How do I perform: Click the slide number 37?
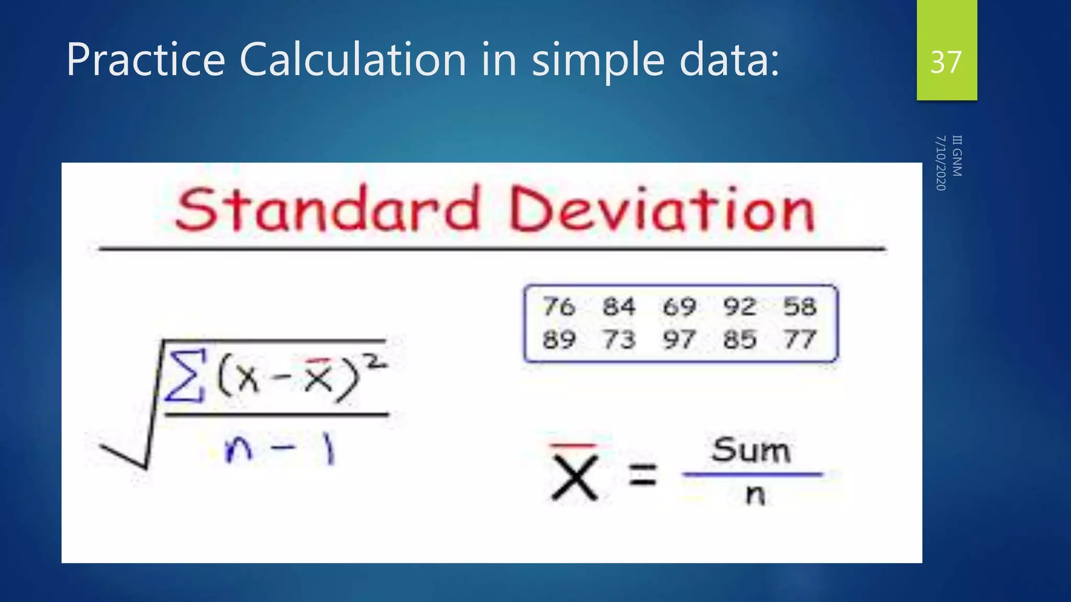click(946, 62)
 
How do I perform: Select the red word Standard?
click(328, 210)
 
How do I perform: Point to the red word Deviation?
click(662, 210)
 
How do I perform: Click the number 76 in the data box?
click(559, 306)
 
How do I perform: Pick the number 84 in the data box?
click(619, 306)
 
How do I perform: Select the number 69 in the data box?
click(679, 306)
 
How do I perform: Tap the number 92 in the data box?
click(739, 306)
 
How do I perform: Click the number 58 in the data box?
click(800, 306)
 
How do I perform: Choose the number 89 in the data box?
click(559, 340)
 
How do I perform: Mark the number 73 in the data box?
click(619, 340)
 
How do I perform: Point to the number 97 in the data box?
click(679, 340)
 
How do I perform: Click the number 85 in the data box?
click(739, 340)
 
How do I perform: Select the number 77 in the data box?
click(800, 340)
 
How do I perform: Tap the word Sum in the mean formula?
click(751, 450)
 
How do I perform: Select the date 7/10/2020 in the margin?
click(941, 163)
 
